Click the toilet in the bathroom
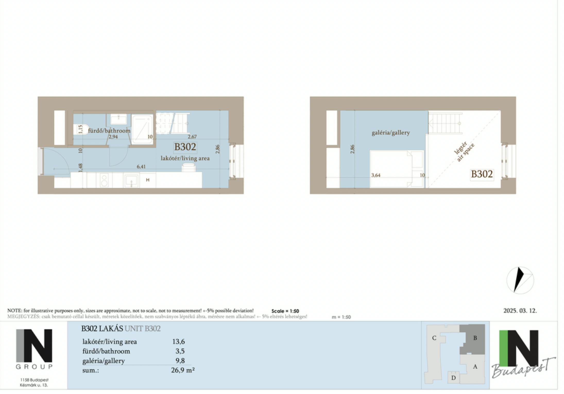[x=80, y=129]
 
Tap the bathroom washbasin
[x=118, y=119]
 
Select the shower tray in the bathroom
[x=142, y=129]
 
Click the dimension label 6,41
[x=141, y=167]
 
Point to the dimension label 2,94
[x=113, y=137]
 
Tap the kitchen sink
[x=131, y=180]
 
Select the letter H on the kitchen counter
[x=148, y=180]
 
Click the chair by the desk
[x=188, y=168]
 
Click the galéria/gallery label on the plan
[x=390, y=133]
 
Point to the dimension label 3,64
[x=376, y=175]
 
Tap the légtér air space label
[x=464, y=152]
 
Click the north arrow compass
[x=520, y=280]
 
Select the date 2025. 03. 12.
[x=520, y=311]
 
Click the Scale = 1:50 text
[x=285, y=311]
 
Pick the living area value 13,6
[x=178, y=342]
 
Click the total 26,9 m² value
[x=183, y=370]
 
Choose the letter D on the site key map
[x=454, y=378]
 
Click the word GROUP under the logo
[x=34, y=367]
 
